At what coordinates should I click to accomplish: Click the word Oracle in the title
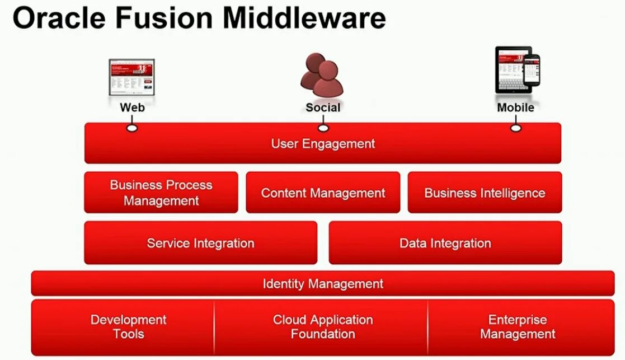(x=58, y=18)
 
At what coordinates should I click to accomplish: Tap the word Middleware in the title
(x=304, y=18)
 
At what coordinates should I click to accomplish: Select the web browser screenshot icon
(x=131, y=78)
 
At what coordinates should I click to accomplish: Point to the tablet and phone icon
(x=517, y=71)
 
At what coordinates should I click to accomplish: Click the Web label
(x=132, y=107)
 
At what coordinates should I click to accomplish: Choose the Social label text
(x=323, y=107)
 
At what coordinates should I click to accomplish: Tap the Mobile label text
(x=515, y=107)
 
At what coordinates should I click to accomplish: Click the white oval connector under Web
(x=132, y=128)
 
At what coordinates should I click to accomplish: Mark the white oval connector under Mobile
(x=516, y=128)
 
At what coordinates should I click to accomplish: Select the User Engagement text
(x=323, y=144)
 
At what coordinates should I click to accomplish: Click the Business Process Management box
(x=161, y=193)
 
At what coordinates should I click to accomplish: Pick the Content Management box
(x=323, y=193)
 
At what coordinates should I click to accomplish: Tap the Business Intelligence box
(x=485, y=193)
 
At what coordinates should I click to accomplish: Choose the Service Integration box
(x=200, y=243)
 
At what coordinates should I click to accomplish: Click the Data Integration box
(x=445, y=243)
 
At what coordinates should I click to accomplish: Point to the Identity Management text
(x=323, y=284)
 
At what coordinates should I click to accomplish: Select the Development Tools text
(x=128, y=327)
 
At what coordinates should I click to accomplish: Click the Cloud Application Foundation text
(x=323, y=327)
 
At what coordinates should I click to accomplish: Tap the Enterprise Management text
(x=518, y=327)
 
